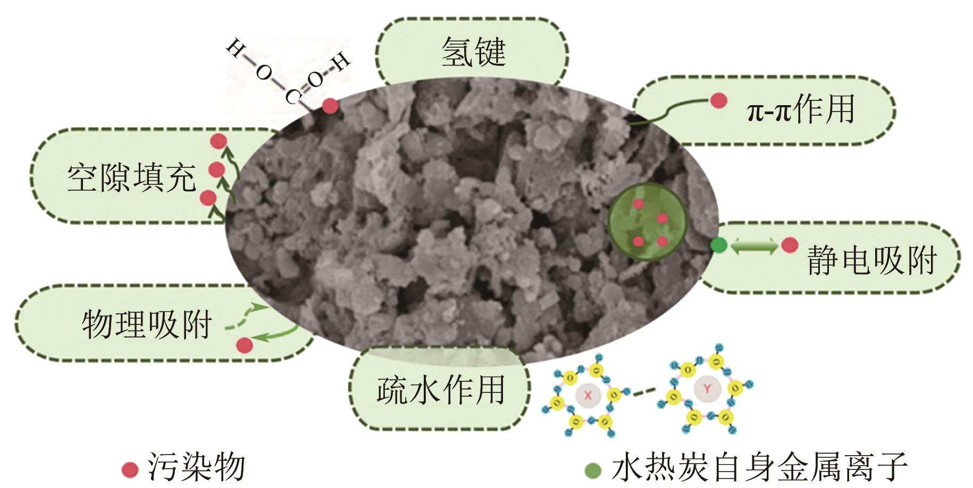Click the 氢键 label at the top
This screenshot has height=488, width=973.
tap(473, 52)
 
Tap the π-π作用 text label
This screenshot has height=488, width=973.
tap(800, 110)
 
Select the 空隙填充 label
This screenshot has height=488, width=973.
tap(131, 177)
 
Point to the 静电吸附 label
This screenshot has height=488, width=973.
tap(871, 260)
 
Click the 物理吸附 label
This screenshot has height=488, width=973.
tap(147, 324)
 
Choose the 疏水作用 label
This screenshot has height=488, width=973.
tap(440, 390)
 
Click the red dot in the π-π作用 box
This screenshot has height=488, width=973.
tap(718, 100)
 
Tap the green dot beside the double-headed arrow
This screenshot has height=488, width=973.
tap(718, 245)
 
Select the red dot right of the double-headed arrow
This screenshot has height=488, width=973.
tap(790, 245)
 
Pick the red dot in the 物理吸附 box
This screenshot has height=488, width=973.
tap(244, 345)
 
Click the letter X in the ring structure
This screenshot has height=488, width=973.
tap(588, 395)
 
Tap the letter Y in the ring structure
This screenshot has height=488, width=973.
tap(707, 389)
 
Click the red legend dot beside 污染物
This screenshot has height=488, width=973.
tap(130, 469)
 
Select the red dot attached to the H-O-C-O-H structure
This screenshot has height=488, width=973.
tap(330, 106)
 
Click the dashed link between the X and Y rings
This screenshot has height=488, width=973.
tap(644, 393)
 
